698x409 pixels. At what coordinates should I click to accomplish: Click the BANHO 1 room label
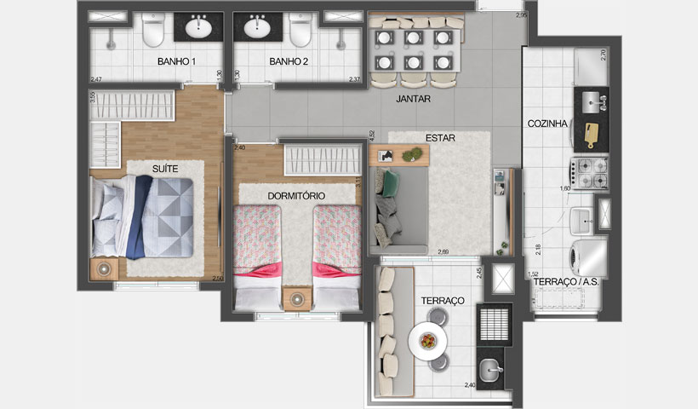point(176,62)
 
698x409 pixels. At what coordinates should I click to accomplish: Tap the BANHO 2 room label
point(287,62)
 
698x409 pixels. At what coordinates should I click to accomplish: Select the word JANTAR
point(413,100)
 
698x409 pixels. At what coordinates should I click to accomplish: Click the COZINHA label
point(547,124)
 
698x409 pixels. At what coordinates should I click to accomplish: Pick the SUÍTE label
point(165,170)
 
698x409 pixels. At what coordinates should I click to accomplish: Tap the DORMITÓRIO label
point(296,196)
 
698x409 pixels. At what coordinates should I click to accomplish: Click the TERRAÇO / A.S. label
point(565,280)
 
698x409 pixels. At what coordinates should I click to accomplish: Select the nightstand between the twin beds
point(297,300)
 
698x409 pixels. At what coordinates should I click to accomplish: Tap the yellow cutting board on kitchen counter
point(590,132)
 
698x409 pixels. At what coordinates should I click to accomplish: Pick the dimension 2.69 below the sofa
point(443,252)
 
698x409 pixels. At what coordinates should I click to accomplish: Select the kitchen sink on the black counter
point(592,101)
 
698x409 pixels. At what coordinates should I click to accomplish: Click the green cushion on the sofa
point(391,181)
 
